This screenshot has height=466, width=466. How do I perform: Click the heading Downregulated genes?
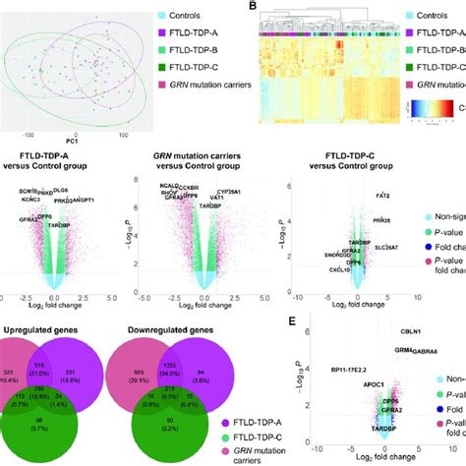165,321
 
